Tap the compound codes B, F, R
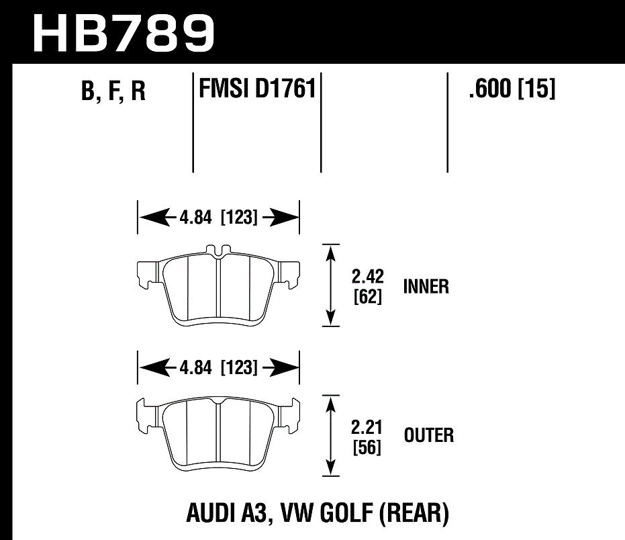[113, 91]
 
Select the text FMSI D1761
[257, 89]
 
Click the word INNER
[426, 287]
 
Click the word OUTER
[428, 435]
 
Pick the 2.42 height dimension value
[367, 276]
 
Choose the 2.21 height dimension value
[367, 425]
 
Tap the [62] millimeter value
[367, 296]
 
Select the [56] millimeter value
[367, 446]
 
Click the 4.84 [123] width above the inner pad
[219, 218]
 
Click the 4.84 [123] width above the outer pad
[219, 368]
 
